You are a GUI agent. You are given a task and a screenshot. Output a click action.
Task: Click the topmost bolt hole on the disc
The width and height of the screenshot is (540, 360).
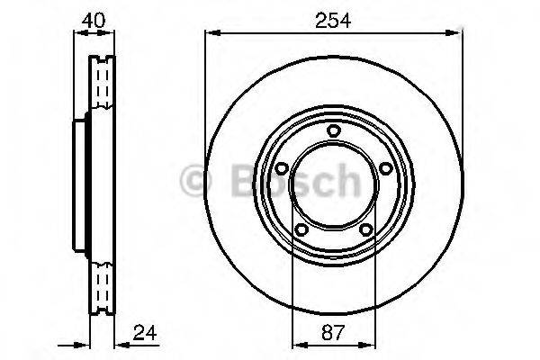(333, 132)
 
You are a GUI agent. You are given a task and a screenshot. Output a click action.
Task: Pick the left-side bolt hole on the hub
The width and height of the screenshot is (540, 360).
(280, 168)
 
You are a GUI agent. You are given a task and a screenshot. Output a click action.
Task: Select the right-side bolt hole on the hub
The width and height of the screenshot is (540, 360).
(386, 168)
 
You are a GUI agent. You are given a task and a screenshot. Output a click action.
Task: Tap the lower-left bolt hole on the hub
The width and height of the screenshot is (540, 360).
(300, 229)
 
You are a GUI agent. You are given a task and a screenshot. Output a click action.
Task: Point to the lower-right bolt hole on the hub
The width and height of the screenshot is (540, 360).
(366, 229)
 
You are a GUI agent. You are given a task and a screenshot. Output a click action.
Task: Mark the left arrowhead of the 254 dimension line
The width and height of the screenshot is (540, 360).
(211, 34)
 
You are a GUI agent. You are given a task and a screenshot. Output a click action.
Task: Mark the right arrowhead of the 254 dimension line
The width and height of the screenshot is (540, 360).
(455, 34)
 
